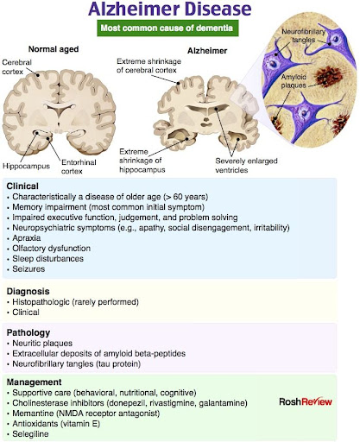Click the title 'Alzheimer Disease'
coord(170,9)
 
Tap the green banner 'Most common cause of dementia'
coord(167,28)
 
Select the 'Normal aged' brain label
coord(54,49)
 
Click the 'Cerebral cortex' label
coord(16,66)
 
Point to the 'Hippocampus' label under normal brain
coord(26,166)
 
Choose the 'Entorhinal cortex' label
coord(79,167)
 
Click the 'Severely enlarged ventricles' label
coord(246,165)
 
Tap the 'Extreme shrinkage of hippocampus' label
coord(142,161)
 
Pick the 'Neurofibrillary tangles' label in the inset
coord(303,35)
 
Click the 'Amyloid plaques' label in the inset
coord(294,81)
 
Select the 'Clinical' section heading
coord(22,186)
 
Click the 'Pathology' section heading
coord(28,332)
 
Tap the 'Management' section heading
coord(34,382)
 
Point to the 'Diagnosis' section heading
coord(28,291)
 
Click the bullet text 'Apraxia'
coord(27,238)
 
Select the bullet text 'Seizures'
coord(28,269)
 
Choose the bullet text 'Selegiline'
coord(30,434)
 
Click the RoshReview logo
coord(306,401)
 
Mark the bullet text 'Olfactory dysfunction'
coord(52,249)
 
